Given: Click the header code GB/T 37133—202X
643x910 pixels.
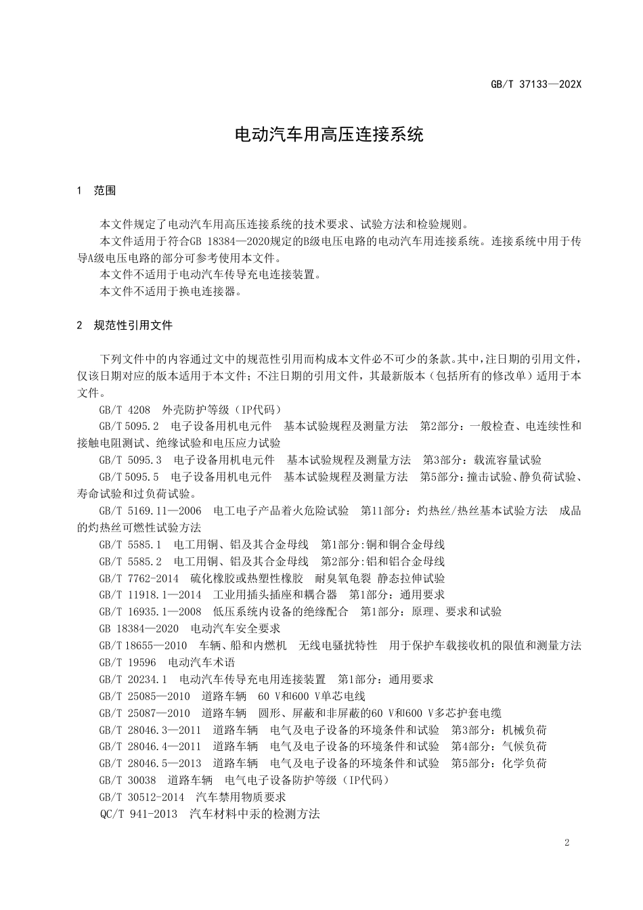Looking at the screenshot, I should [x=535, y=85].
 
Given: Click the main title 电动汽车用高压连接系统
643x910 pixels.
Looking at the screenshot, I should [x=329, y=134].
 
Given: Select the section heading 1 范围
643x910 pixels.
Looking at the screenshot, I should [x=97, y=190].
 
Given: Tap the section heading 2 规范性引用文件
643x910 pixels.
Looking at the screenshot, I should [x=125, y=325].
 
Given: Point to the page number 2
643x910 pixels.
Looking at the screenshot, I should [x=567, y=842].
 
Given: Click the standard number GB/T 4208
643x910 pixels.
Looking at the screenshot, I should [x=125, y=410].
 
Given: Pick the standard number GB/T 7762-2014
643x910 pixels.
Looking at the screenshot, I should [x=139, y=578].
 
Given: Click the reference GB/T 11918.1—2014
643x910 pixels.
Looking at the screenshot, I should [x=150, y=594].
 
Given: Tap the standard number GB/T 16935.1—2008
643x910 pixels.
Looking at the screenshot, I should [x=150, y=611].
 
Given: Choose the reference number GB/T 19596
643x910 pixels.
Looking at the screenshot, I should [x=127, y=662].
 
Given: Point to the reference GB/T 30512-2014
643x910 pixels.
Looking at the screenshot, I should [x=141, y=797].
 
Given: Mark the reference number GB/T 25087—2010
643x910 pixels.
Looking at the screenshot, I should [x=145, y=713].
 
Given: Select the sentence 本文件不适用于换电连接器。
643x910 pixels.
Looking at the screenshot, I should [x=171, y=291].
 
